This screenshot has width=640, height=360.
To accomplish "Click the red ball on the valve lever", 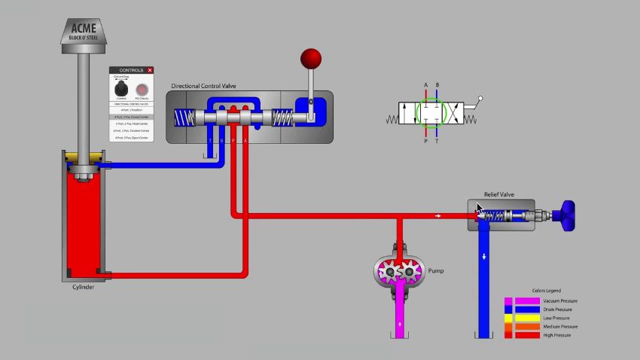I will point(310,59).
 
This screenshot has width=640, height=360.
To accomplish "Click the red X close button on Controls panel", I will point(150,70).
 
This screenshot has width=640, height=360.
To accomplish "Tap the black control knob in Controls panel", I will point(120,90).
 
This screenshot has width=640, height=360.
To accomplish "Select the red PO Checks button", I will point(142,90).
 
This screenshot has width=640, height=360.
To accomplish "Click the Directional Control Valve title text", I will point(203,86).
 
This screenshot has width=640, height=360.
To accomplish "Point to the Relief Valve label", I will point(498,194).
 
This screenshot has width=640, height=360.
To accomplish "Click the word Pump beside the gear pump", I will point(436,270).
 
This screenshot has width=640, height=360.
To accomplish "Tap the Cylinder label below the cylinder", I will point(83,287).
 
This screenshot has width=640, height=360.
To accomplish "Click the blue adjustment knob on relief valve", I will point(570,215).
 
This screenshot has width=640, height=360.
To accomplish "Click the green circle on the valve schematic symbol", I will point(431,111).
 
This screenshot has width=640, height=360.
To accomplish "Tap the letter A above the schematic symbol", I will point(425,84).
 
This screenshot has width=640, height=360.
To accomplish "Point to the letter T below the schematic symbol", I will point(437,140).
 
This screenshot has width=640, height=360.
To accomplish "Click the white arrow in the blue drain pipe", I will point(484,257).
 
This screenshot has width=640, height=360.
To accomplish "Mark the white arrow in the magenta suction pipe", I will point(399,325).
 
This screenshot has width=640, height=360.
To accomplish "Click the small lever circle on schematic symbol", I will point(480,99).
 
